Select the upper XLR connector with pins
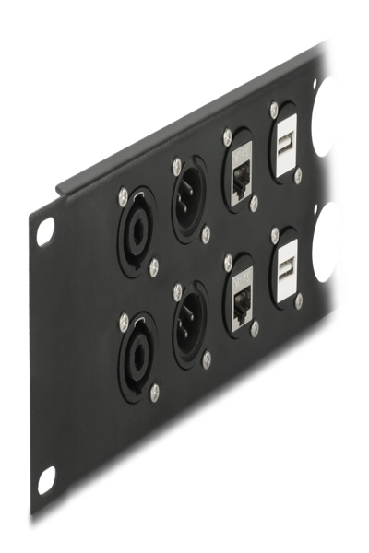(191, 200)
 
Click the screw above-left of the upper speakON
(123, 194)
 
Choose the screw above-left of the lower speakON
(124, 322)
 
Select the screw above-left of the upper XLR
(177, 166)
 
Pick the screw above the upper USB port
(274, 109)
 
